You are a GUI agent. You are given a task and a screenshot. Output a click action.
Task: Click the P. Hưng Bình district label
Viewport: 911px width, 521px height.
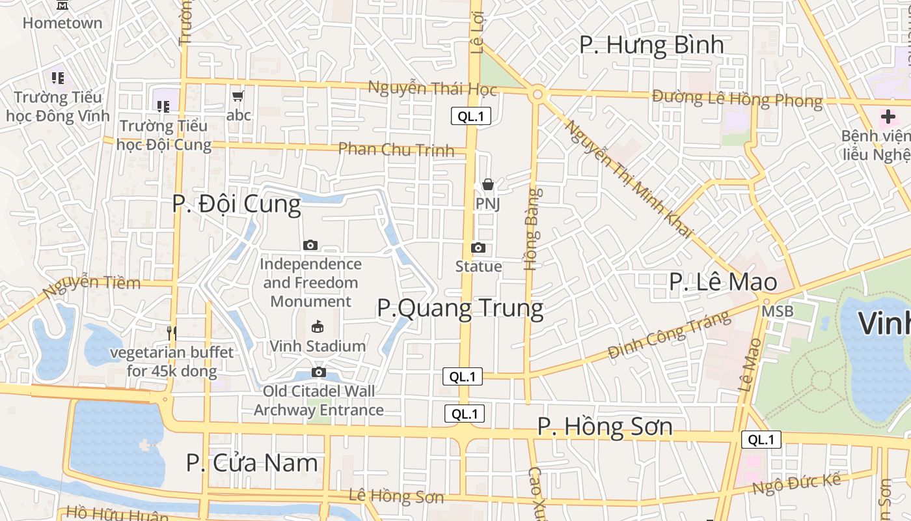[x=651, y=44]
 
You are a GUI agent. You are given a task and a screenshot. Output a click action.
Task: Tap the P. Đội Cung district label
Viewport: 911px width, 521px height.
[x=236, y=204]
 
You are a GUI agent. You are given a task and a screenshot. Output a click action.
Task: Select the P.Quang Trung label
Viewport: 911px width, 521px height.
[x=460, y=308]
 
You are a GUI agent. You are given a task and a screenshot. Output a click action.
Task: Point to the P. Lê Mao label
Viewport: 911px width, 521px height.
[x=723, y=282]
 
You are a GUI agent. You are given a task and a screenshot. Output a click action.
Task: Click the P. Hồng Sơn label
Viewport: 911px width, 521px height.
[x=605, y=427]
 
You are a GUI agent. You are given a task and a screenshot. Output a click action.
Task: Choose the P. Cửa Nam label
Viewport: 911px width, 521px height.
[x=252, y=463]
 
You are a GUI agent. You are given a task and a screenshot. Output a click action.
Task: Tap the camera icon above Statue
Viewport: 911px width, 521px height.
[x=478, y=247]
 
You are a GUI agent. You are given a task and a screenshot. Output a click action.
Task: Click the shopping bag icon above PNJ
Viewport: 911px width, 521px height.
[x=488, y=185]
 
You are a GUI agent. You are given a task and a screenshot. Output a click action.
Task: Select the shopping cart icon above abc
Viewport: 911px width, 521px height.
[x=238, y=96]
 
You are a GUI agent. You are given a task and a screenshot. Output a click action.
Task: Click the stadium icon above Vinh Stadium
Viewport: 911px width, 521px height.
[x=318, y=326]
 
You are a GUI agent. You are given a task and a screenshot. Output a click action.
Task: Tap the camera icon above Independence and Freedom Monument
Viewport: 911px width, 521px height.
[x=310, y=245]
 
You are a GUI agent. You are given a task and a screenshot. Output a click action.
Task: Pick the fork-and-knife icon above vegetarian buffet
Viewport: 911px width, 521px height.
[x=172, y=333]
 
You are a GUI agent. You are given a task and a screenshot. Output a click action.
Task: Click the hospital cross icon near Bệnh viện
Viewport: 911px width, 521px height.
[x=888, y=117]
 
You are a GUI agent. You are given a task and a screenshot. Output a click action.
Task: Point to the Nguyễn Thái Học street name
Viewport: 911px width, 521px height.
[x=432, y=88]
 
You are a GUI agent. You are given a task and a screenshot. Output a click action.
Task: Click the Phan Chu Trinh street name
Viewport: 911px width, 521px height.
[x=396, y=149]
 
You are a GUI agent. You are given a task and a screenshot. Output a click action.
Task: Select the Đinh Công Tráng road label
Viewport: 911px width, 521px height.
[x=669, y=335]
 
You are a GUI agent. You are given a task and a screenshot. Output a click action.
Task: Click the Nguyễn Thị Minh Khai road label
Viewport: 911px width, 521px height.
[x=628, y=179]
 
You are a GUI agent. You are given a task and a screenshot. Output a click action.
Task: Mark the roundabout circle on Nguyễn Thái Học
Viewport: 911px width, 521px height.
[x=537, y=94]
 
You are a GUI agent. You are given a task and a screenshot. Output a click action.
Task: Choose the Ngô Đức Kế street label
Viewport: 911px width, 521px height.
[x=796, y=484]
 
